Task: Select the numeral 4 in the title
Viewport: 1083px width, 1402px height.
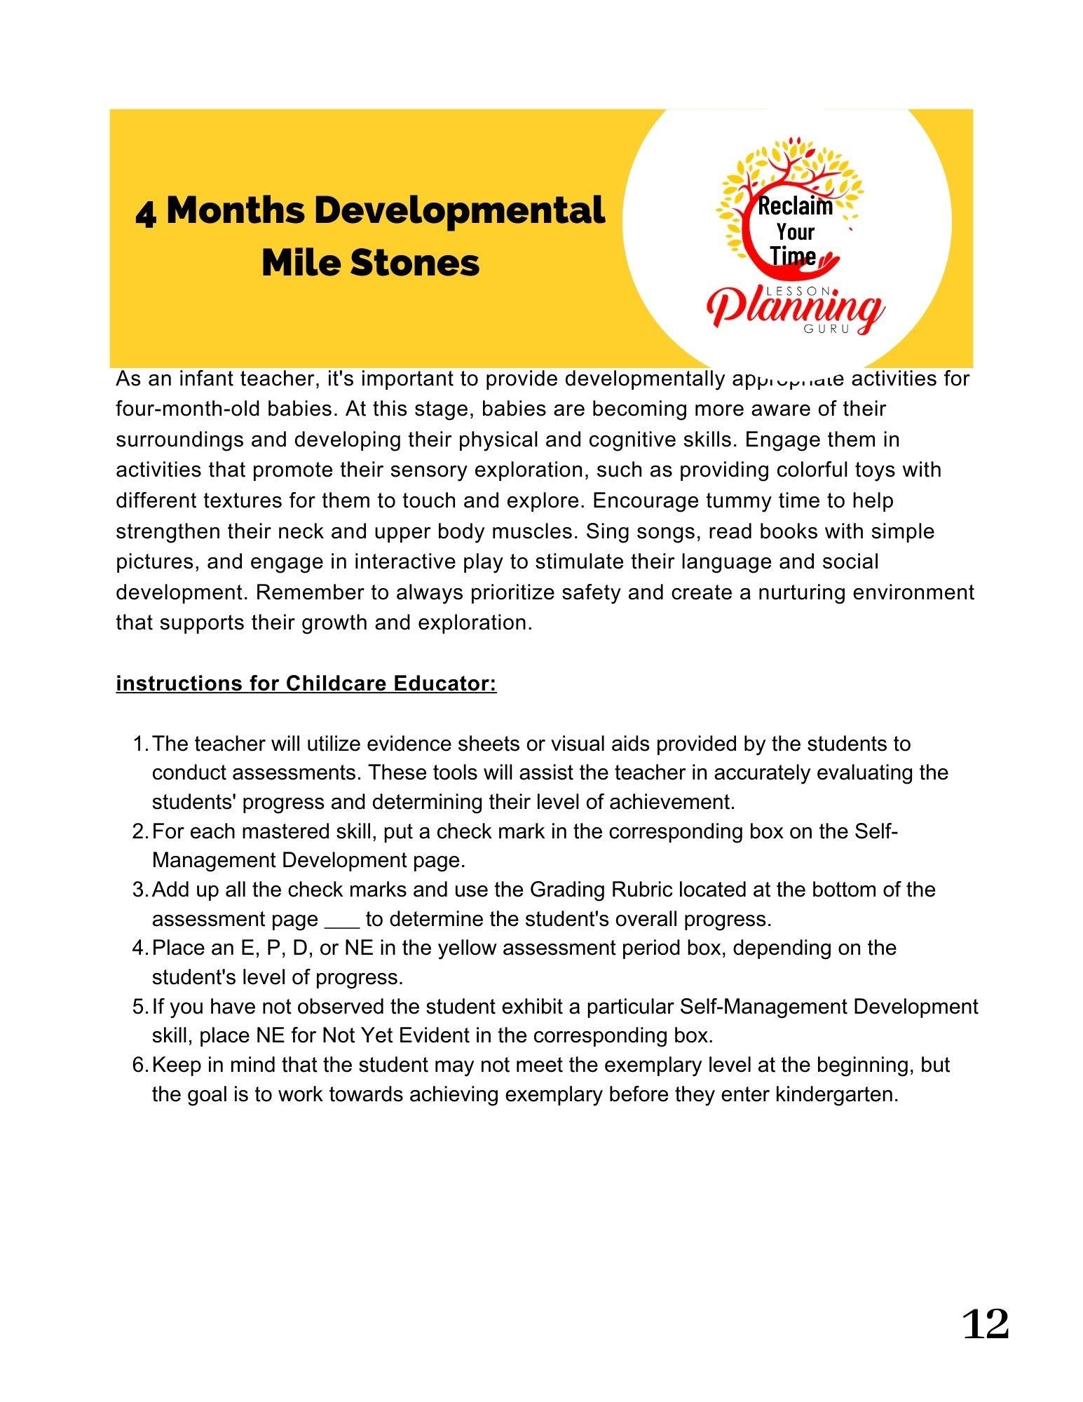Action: point(146,212)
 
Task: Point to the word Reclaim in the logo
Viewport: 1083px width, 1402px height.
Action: point(795,206)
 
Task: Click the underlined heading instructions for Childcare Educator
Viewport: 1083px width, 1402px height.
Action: point(306,683)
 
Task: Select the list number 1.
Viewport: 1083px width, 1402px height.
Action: point(139,744)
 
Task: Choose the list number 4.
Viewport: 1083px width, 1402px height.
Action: point(139,948)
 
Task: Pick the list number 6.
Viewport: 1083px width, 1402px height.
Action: point(139,1066)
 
